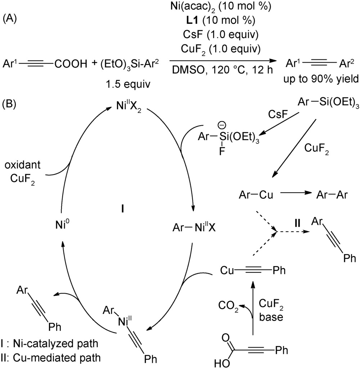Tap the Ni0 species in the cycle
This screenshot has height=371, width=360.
coord(60,226)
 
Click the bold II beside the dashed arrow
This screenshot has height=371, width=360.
coord(297,224)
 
